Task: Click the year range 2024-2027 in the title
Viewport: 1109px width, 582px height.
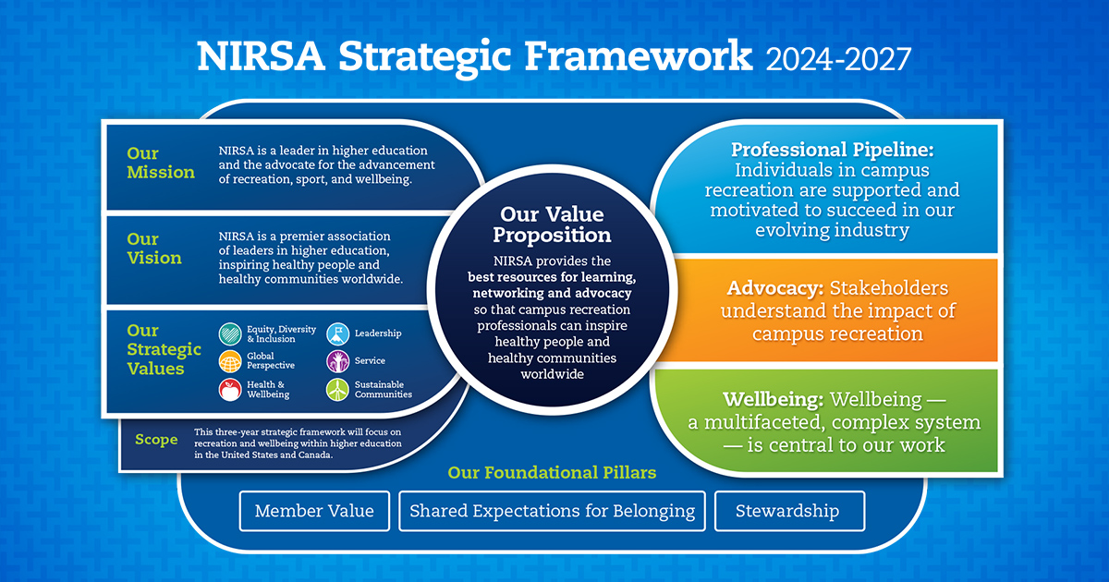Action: (x=838, y=58)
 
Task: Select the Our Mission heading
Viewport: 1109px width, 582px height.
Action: (x=161, y=163)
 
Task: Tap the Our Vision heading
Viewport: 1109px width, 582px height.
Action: (x=154, y=249)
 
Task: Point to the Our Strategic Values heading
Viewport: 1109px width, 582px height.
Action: (x=164, y=349)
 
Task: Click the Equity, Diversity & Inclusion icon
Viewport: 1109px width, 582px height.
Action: (x=230, y=333)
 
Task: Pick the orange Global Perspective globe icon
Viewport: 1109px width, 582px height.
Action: (x=230, y=361)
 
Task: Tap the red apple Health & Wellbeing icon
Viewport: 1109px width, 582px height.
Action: (x=230, y=390)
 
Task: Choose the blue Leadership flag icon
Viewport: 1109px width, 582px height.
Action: (x=337, y=333)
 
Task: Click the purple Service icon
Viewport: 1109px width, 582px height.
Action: (x=337, y=361)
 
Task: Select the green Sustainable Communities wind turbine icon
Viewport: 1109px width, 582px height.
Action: (x=337, y=390)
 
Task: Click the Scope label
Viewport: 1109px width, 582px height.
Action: (x=156, y=439)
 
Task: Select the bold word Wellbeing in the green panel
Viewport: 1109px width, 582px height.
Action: (x=772, y=400)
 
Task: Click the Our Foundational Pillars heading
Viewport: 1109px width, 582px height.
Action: (x=552, y=472)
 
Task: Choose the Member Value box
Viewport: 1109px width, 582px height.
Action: (x=314, y=511)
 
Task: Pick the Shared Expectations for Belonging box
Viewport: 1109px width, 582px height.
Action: (x=552, y=511)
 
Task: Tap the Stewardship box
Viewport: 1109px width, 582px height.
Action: (x=787, y=511)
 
